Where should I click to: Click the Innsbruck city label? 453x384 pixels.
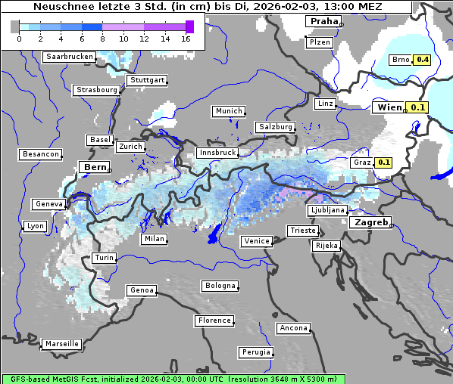click(217, 153)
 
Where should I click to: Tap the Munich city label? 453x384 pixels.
click(228, 111)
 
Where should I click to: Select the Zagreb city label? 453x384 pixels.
click(370, 223)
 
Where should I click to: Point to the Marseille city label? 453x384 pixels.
click(61, 344)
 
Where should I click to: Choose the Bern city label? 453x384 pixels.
click(95, 167)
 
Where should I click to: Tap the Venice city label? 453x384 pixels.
click(256, 241)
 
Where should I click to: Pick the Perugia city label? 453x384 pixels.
click(255, 352)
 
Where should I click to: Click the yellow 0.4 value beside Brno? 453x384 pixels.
click(422, 60)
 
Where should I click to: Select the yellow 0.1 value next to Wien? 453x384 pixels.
click(418, 107)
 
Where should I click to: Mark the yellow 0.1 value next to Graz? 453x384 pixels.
click(383, 162)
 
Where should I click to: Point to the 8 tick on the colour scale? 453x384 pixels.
click(102, 38)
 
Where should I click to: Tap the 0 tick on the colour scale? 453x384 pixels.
click(18, 38)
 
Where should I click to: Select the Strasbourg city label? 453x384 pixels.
click(96, 90)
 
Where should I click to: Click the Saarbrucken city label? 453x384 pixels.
click(69, 57)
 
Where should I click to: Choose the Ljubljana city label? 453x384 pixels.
click(327, 210)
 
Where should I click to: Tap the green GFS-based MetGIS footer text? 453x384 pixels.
click(173, 379)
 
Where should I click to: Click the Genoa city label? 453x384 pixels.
click(142, 290)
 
